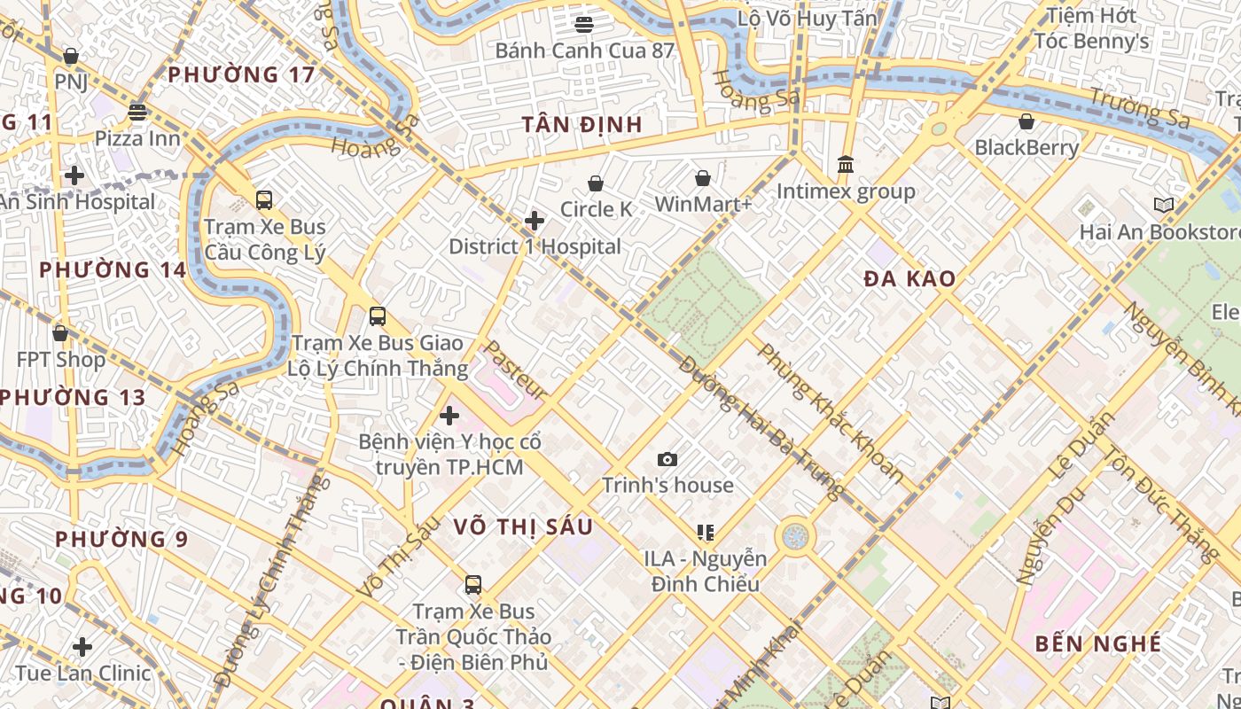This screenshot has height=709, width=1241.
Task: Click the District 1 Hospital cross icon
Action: [x=535, y=220]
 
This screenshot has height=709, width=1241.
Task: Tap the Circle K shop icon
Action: [x=596, y=183]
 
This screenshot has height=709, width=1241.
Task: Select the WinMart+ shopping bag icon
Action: [x=703, y=178]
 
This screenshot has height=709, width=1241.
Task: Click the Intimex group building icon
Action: [x=846, y=165]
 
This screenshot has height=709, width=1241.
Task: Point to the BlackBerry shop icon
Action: [x=1026, y=121]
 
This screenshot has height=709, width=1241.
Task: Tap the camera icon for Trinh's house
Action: [x=667, y=459]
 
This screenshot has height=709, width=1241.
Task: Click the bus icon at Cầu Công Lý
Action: [x=264, y=200]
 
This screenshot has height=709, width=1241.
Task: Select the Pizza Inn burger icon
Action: [x=137, y=113]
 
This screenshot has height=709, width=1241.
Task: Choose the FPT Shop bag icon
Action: [x=60, y=333]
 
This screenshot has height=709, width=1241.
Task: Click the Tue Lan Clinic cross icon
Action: [x=82, y=647]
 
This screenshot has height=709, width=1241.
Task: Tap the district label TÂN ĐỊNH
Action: [x=582, y=124]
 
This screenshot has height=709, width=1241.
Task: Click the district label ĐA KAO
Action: [x=910, y=279]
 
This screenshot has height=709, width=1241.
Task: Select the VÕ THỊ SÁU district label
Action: [x=523, y=526]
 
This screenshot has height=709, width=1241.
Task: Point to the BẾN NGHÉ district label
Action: [x=1098, y=643]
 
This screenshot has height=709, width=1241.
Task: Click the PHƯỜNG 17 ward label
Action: [x=241, y=74]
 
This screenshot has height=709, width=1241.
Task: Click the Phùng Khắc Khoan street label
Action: [x=830, y=413]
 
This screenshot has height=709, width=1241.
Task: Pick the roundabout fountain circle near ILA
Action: [x=795, y=536]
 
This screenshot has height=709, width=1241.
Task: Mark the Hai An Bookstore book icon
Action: [x=1164, y=206]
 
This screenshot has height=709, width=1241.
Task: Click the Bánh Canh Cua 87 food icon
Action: [x=584, y=24]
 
